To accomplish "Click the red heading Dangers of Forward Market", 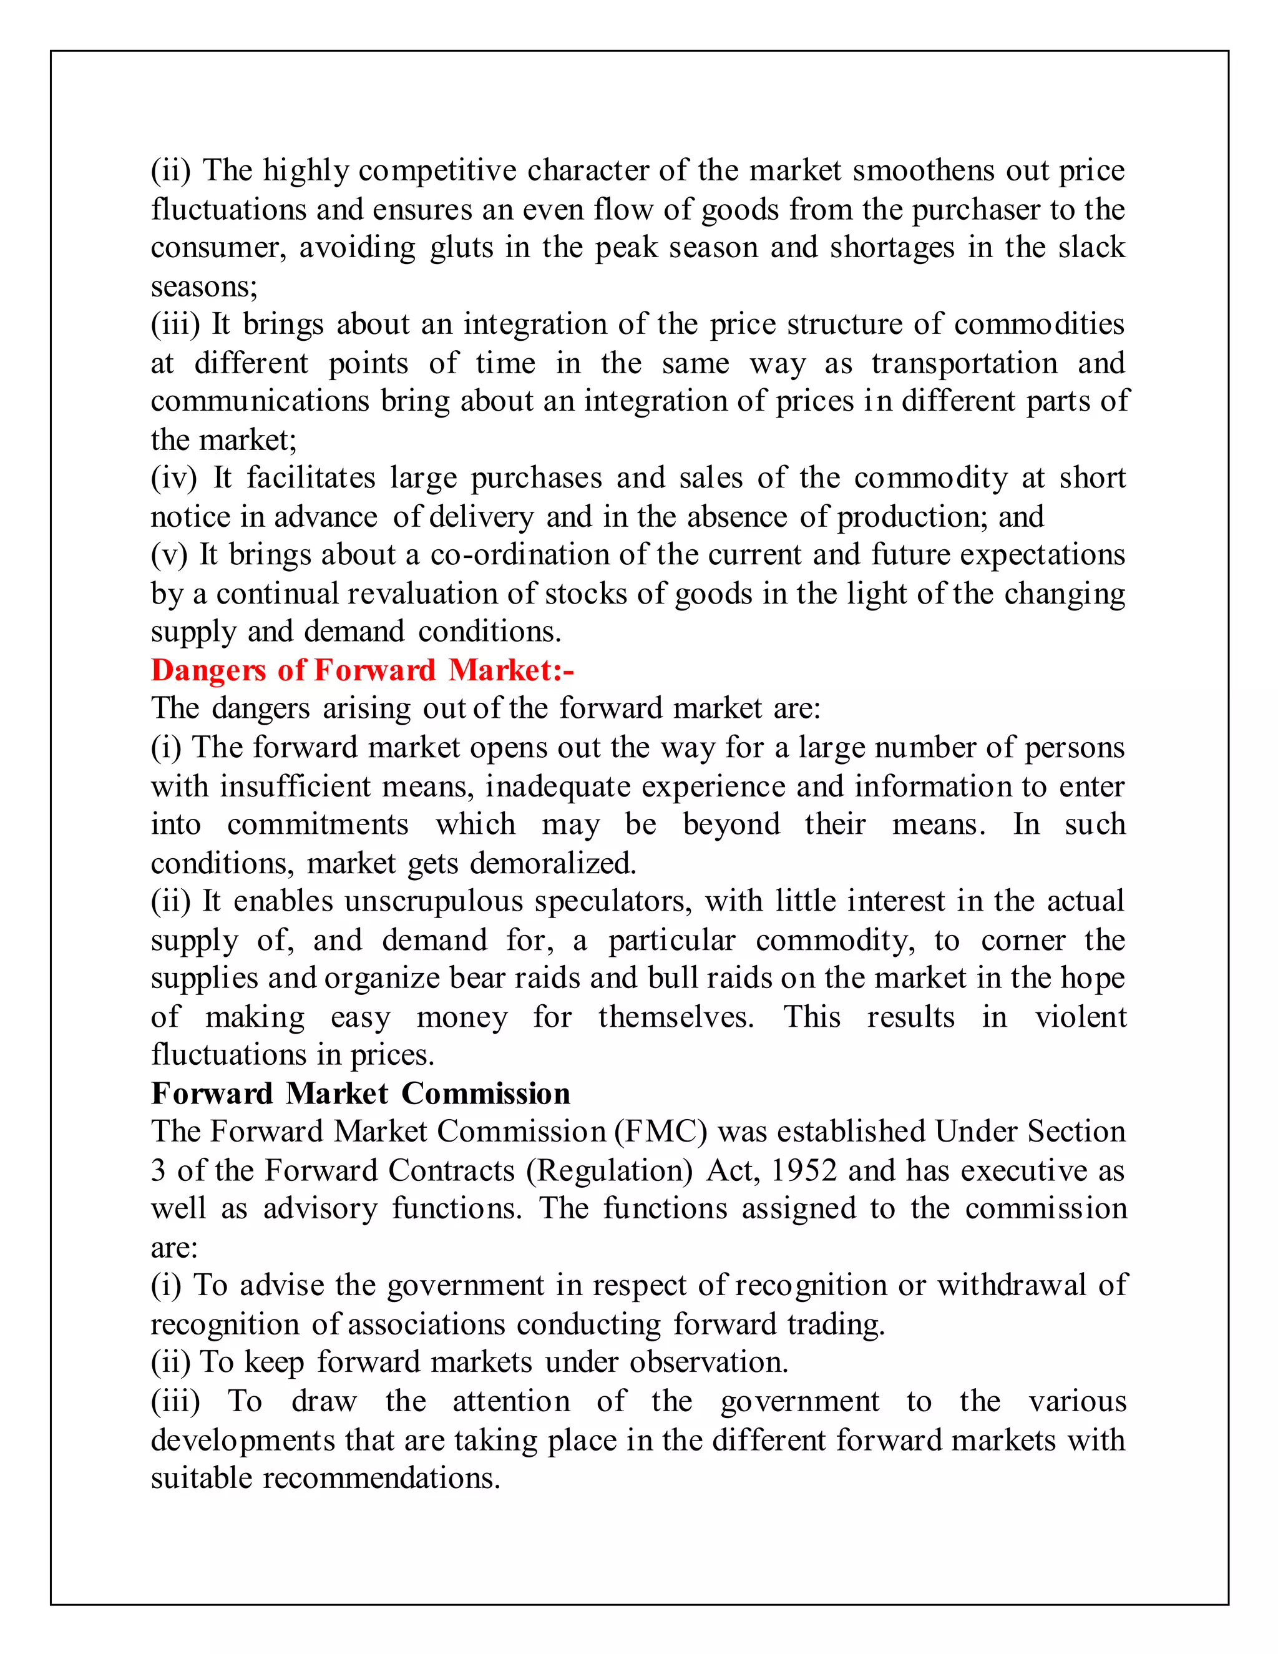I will [x=362, y=670].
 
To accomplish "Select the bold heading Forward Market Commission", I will [x=361, y=1094].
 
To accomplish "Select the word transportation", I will [x=963, y=363].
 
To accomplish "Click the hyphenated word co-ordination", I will [x=519, y=554].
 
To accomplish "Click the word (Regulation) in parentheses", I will [x=610, y=1171].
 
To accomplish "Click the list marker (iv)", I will [x=173, y=479].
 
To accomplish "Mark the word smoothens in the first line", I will [x=923, y=170].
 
